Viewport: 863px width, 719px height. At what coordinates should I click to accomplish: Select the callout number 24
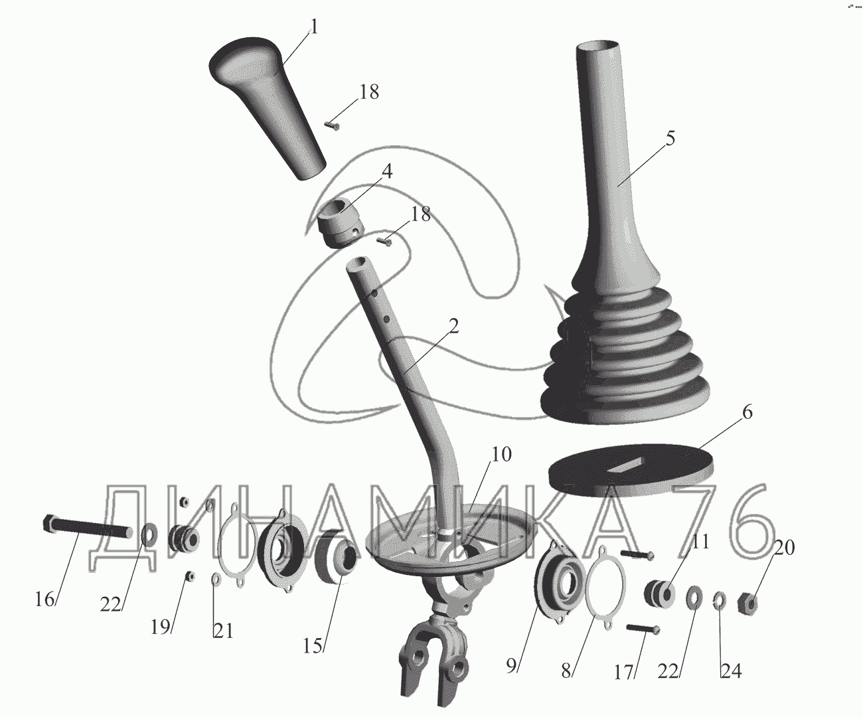(731, 671)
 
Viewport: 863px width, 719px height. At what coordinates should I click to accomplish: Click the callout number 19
(161, 627)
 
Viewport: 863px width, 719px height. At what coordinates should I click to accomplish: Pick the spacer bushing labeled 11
(660, 594)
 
